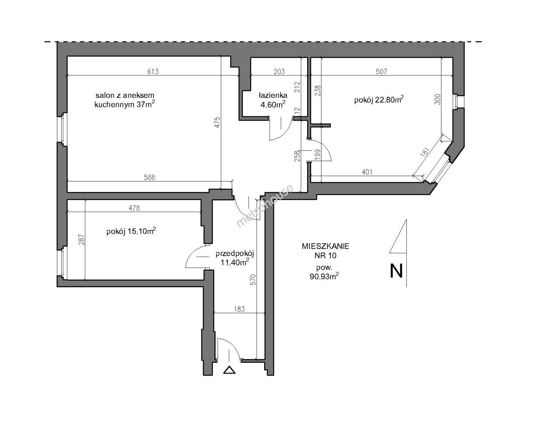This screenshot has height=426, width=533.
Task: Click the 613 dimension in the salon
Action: pos(153,71)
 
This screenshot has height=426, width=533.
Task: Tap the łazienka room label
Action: pos(273,95)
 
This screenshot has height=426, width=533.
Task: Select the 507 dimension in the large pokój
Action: pos(381,71)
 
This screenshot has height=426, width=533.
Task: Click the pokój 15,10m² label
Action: pos(131,231)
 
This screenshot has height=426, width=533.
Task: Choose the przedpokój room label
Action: pos(235,254)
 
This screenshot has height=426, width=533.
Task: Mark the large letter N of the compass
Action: pos(396,271)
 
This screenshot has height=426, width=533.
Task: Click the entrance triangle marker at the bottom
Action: pos(229,370)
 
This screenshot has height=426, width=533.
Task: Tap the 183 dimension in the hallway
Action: pos(239,309)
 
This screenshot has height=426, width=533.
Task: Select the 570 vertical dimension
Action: pos(253,280)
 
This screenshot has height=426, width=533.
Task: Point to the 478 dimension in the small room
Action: pos(134,208)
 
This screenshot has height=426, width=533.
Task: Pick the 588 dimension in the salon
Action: pos(149,177)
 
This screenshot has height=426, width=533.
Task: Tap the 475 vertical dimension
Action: pos(217,122)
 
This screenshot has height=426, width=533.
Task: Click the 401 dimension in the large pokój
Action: pos(367,172)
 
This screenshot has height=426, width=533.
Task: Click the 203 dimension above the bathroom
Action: pos(280,71)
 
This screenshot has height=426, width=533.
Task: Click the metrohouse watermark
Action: pos(265,206)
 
